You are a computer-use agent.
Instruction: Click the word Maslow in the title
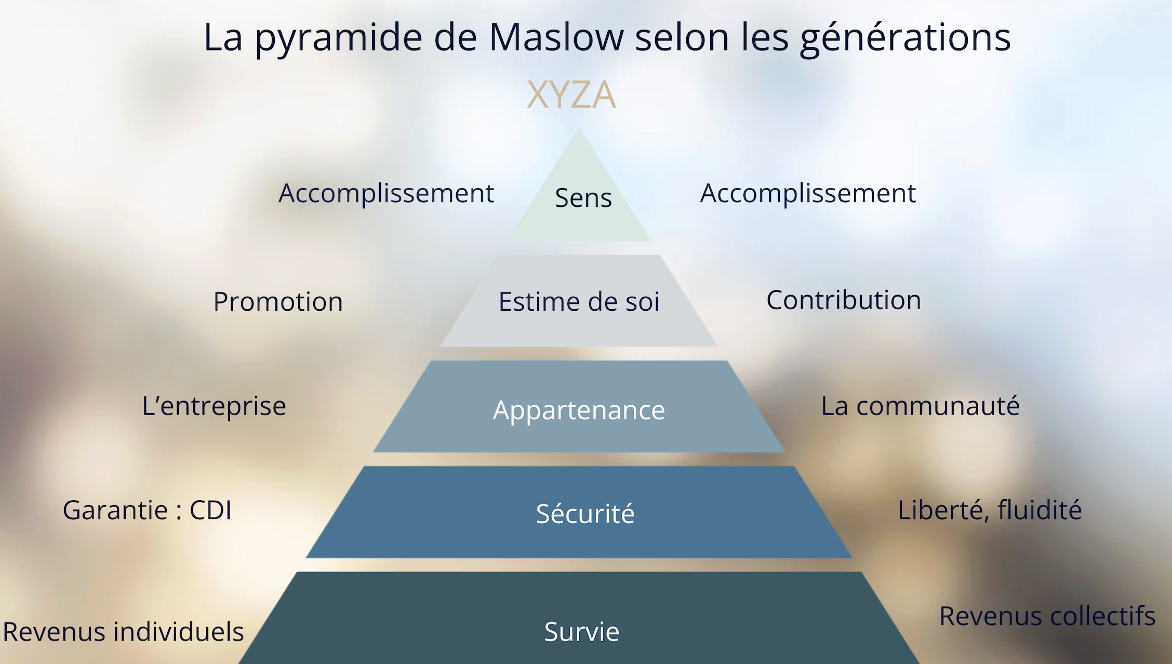click(556, 38)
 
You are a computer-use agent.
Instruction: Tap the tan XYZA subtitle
click(571, 95)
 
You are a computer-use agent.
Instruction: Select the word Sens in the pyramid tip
click(583, 198)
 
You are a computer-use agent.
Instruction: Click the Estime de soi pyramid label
click(579, 301)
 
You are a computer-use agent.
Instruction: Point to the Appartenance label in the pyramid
click(579, 410)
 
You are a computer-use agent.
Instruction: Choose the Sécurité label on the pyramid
click(585, 513)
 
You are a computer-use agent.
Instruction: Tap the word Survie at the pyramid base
click(582, 632)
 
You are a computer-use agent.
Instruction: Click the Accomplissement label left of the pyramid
click(386, 194)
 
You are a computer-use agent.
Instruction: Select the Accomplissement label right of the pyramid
click(808, 194)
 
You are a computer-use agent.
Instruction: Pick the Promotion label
click(278, 301)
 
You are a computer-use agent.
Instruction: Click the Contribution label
click(844, 300)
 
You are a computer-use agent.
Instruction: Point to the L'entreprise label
click(214, 406)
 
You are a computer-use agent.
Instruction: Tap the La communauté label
click(920, 406)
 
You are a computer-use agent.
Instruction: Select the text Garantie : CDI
click(147, 510)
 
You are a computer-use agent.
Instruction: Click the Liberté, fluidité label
click(990, 510)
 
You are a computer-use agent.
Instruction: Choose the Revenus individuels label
click(123, 632)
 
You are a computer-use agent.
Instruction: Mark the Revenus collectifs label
click(1047, 616)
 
